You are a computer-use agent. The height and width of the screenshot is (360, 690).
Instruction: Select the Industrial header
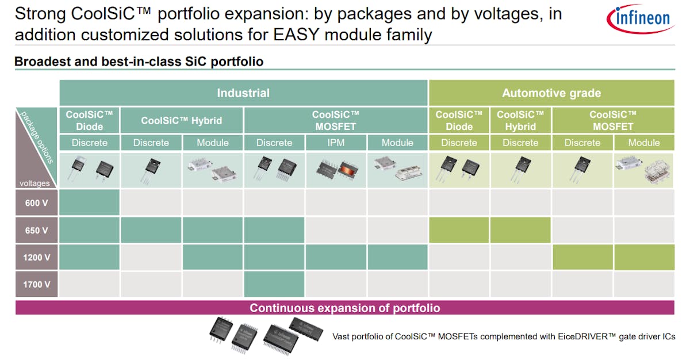tap(243, 93)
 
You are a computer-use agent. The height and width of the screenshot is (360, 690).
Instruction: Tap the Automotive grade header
tap(551, 93)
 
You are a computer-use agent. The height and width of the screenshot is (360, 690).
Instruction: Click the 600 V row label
tap(37, 204)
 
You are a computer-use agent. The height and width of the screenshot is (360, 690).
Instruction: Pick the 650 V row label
tap(37, 231)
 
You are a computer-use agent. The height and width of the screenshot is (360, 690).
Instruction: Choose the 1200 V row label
tap(37, 257)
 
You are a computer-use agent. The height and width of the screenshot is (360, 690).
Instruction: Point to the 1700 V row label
tap(37, 284)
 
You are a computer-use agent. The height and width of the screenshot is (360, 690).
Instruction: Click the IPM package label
tap(335, 143)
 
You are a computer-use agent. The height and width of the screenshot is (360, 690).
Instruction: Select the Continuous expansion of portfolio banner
tap(344, 308)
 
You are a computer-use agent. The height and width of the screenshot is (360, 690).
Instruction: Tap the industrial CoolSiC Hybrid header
tap(182, 121)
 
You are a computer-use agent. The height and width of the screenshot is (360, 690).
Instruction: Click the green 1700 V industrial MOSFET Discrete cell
tap(274, 284)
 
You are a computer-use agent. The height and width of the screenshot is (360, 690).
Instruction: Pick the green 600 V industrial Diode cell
tap(89, 204)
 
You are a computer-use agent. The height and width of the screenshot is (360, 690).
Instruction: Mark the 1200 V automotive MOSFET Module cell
tap(643, 257)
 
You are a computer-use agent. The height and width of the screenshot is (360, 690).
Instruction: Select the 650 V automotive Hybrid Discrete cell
tap(520, 231)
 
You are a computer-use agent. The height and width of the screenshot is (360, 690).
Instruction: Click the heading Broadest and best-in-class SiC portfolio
tap(139, 62)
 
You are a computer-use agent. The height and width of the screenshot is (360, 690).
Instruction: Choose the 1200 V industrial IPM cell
tap(335, 257)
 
